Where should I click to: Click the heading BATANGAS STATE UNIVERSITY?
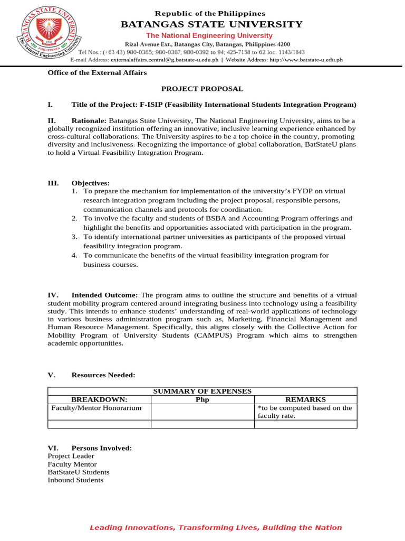[211, 24]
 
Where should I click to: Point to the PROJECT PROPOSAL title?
[202, 89]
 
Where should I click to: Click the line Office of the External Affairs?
[97, 72]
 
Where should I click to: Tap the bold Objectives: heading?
[91, 183]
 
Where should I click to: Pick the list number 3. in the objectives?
[75, 237]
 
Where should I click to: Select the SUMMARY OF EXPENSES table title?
[202, 391]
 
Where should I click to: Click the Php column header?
[202, 399]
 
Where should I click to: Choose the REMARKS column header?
[305, 399]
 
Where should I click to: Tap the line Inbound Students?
[75, 480]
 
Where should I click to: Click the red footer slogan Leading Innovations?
[215, 527]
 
